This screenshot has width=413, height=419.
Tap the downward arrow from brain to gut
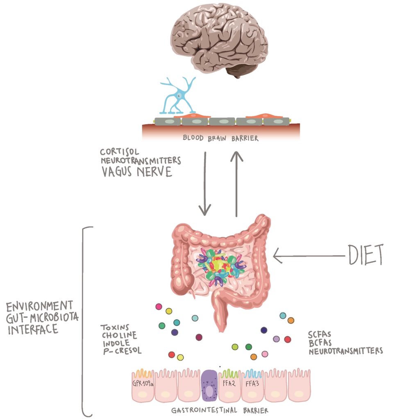pos(204,184)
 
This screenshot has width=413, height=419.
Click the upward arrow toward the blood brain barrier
pos(236,184)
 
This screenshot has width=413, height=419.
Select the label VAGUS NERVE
pos(137,172)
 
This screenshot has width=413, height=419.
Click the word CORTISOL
pos(119,153)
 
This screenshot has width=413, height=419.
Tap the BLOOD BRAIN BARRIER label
pos(220,138)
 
